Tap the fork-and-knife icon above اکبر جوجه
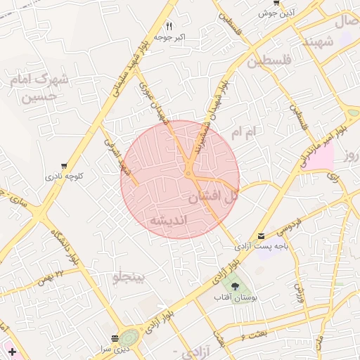tap(169, 27)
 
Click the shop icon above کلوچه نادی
tap(65, 166)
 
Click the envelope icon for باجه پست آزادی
tap(262, 236)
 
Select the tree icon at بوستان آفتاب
tap(235, 287)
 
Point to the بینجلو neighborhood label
tap(127, 278)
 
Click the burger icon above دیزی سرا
tap(115, 338)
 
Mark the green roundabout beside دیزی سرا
tap(129, 338)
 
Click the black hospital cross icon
tap(12, 350)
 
